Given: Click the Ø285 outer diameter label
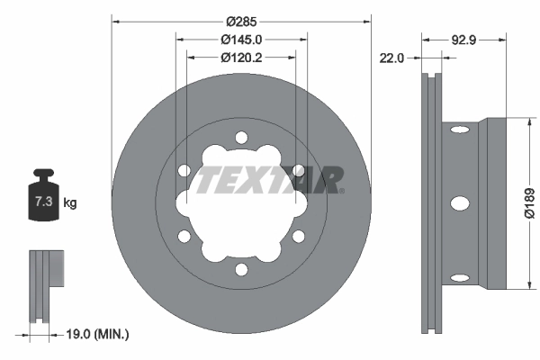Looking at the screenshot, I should point(241,21).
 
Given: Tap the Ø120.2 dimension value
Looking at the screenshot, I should point(241,57).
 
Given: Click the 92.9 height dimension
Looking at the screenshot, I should point(463,40).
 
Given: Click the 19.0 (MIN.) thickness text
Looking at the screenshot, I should point(99,334).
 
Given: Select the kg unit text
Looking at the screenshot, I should point(70,203).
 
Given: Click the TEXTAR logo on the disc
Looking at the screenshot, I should point(270,180).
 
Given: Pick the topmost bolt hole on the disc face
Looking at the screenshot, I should point(241,137).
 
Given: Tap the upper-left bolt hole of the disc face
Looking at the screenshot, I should point(184,170).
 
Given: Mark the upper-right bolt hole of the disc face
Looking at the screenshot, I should point(298,170).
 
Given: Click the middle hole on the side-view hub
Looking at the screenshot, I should point(459,203).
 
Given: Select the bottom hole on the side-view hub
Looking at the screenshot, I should point(459,277).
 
